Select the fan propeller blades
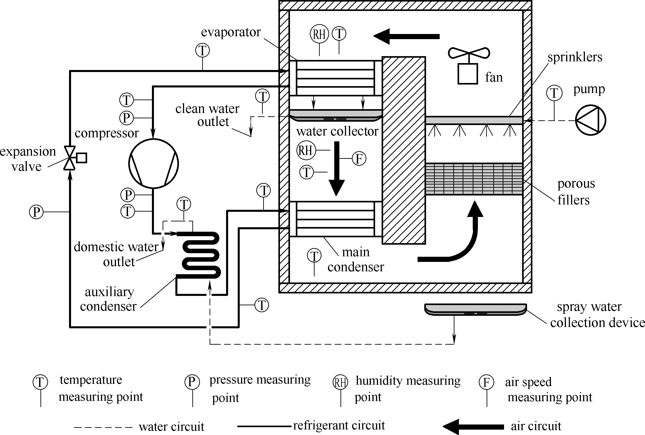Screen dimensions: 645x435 click(469, 53)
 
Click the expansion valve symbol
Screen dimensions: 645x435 click(69, 158)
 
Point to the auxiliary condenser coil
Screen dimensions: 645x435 click(201, 255)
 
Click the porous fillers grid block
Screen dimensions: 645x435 click(474, 179)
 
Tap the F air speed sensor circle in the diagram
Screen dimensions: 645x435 click(359, 159)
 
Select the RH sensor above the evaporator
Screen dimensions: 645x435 click(319, 34)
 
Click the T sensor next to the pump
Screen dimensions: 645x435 click(554, 93)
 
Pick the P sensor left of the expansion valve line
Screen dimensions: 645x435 click(36, 212)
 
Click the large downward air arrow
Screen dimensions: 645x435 click(337, 169)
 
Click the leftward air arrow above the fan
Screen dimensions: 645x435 click(406, 36)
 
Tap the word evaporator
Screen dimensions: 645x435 click(231, 32)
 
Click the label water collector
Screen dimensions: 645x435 click(337, 131)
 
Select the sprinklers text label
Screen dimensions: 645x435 click(575, 57)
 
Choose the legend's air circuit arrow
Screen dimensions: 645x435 click(473, 427)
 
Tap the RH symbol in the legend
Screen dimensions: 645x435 click(340, 382)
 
